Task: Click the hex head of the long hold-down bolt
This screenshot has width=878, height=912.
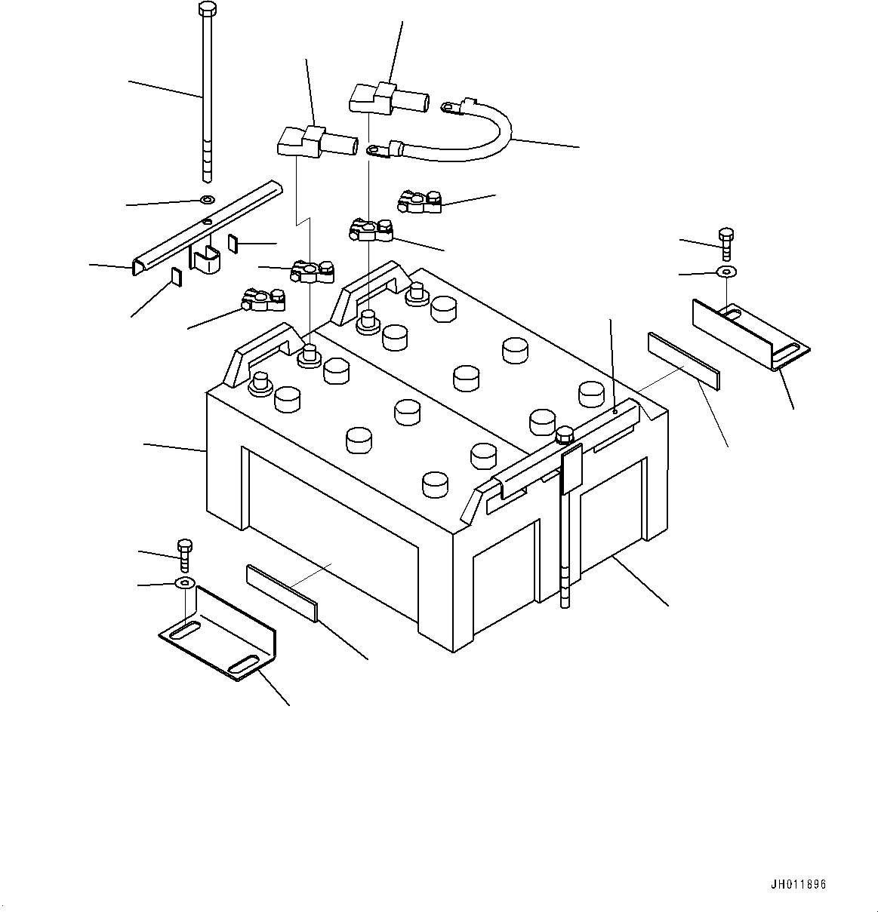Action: click(x=205, y=9)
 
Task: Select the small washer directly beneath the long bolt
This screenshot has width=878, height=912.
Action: click(x=207, y=201)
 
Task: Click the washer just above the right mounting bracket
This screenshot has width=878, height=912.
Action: click(x=726, y=271)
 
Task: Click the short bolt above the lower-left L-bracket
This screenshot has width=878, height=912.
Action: click(x=184, y=554)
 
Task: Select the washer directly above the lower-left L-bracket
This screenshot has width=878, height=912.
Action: click(x=184, y=582)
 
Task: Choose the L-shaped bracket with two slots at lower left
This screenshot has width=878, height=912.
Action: click(x=219, y=634)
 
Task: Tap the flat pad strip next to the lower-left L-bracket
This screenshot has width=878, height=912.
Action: click(x=281, y=593)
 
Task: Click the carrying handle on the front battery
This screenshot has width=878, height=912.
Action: click(x=261, y=349)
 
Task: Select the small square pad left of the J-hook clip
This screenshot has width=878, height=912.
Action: click(x=176, y=278)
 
